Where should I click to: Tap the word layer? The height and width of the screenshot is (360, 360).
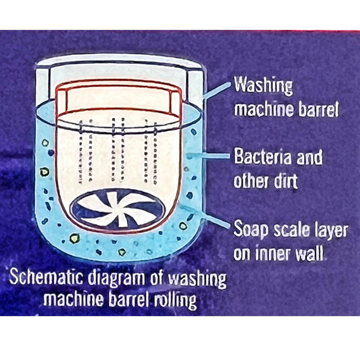330,229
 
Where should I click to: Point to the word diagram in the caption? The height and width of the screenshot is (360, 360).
116,279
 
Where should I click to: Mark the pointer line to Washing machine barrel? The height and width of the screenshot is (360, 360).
217,90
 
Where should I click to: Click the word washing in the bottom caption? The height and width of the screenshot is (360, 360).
197,279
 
